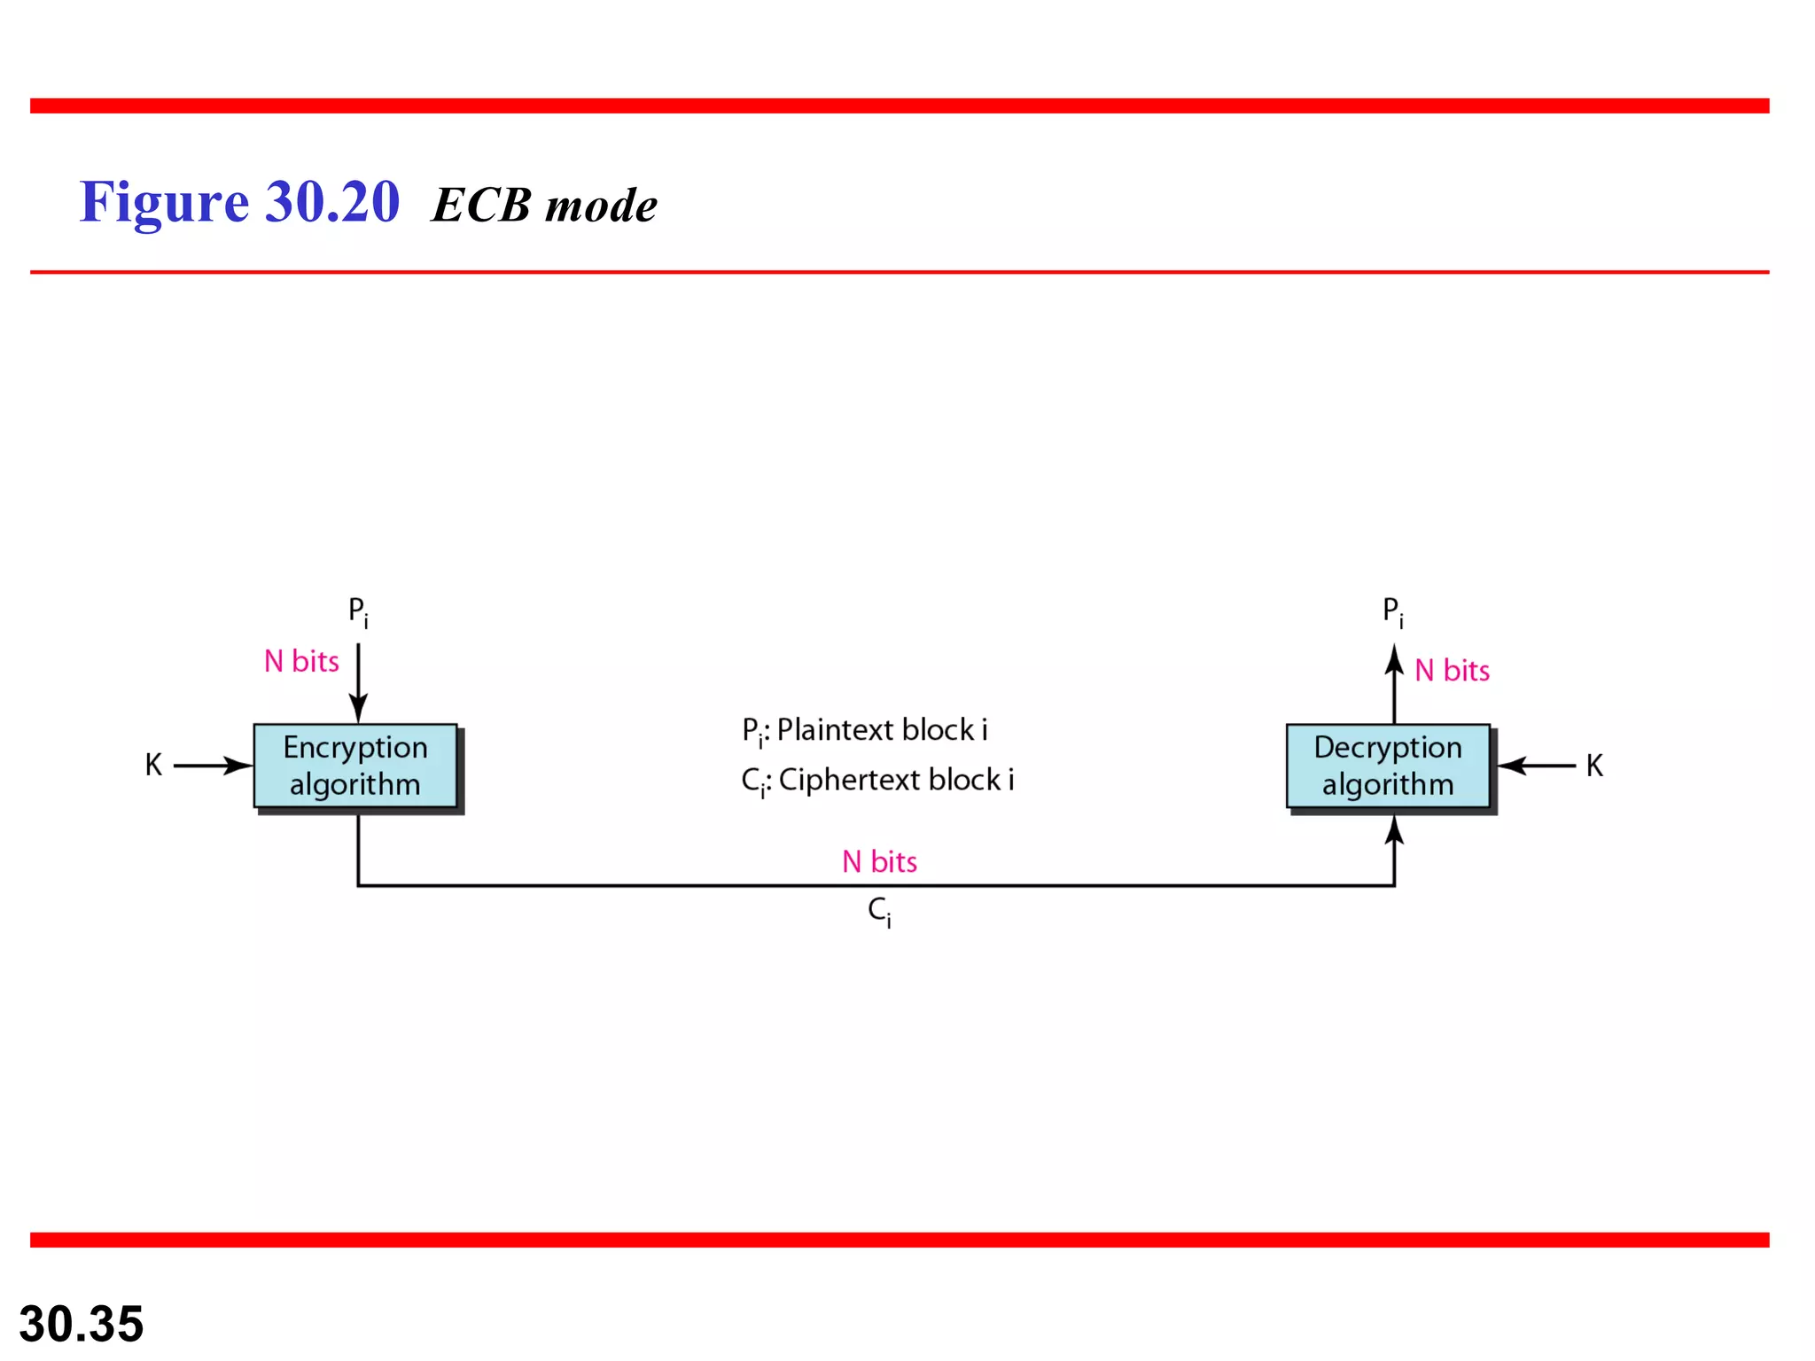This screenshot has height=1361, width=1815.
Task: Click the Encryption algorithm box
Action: [355, 766]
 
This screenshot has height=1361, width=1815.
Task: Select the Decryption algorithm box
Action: [1388, 766]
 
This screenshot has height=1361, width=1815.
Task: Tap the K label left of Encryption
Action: [153, 766]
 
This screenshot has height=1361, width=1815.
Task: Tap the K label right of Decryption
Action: [1594, 766]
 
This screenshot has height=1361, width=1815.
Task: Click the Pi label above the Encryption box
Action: [357, 611]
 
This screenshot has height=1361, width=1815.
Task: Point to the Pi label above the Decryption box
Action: [1392, 611]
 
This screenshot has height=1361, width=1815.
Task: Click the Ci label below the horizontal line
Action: [879, 911]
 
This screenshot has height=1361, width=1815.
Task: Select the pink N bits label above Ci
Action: [879, 861]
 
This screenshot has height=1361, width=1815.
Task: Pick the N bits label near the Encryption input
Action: [301, 661]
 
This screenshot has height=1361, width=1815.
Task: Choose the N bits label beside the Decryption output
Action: [1452, 671]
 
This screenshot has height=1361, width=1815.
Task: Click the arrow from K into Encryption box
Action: [214, 766]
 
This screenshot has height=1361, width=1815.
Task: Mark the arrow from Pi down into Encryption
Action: [358, 683]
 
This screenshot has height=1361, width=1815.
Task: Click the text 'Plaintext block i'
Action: [882, 730]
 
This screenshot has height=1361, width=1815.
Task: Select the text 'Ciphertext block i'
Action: [896, 780]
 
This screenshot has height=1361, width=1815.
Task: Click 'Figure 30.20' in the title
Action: [239, 202]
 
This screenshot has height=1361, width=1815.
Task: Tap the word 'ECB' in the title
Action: [481, 206]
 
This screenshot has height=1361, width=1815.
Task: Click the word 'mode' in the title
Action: [601, 206]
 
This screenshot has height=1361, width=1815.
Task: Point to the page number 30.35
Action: [82, 1324]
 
